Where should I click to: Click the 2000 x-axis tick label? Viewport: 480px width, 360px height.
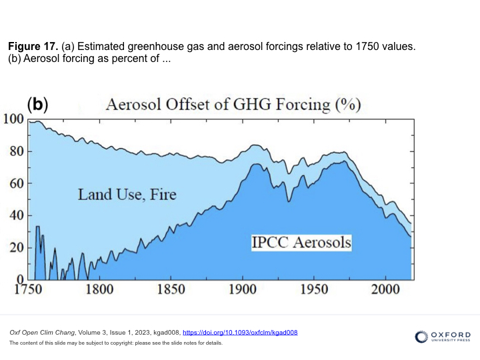coord(385,291)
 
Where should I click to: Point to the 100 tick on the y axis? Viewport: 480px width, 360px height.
coord(14,119)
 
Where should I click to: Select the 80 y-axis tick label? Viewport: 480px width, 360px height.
coord(17,151)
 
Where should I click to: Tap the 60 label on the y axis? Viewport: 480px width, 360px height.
coord(17,183)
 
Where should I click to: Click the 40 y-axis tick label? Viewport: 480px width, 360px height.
coord(17,215)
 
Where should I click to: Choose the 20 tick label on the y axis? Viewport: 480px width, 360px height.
coord(17,247)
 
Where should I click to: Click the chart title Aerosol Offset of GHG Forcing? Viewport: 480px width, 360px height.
coord(234,105)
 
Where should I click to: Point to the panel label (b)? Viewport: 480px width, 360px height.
coord(37,104)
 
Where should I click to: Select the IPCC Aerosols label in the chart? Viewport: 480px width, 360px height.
coord(301,242)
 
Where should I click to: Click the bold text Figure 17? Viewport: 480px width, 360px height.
coord(33,47)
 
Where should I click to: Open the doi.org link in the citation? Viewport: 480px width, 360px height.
coord(240,332)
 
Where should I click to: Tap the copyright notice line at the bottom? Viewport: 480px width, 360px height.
coord(115,343)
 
